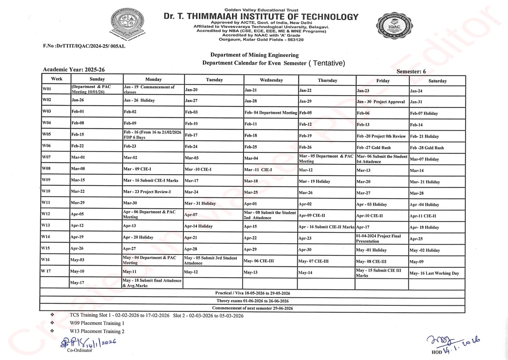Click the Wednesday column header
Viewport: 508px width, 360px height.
(271, 80)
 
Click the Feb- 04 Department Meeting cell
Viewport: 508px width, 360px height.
(271, 113)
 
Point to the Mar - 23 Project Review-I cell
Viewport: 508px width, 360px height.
(153, 191)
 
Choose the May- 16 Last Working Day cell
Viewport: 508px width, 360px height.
(436, 273)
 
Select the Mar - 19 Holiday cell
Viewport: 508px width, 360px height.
(327, 181)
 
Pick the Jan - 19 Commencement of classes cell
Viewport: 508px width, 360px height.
(153, 89)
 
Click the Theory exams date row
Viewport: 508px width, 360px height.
(252, 301)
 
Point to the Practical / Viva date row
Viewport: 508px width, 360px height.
(252, 293)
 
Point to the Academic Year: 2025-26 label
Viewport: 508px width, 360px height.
(74, 69)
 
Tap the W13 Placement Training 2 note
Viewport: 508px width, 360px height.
(97, 331)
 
